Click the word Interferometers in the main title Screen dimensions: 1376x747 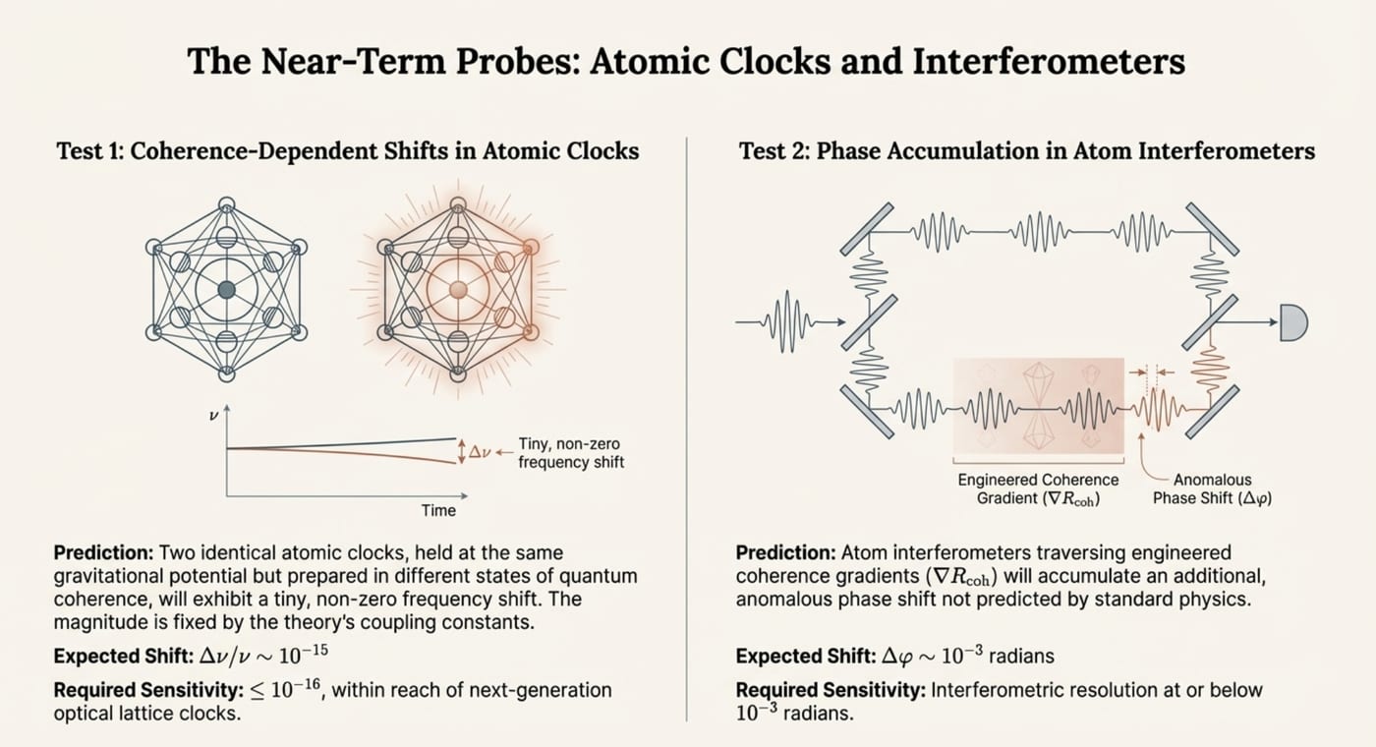(1049, 61)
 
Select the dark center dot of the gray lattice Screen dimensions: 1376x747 (227, 290)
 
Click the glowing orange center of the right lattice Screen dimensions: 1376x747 (458, 290)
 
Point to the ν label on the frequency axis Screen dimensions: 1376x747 (213, 416)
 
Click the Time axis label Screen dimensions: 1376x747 (438, 510)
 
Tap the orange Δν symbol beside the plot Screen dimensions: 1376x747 (480, 452)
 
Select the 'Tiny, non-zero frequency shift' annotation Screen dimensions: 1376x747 (571, 453)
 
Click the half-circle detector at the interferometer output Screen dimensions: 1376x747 (1293, 322)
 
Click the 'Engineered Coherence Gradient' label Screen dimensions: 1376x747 (1038, 489)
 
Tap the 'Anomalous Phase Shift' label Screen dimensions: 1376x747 (1212, 489)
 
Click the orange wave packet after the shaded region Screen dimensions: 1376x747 (1158, 409)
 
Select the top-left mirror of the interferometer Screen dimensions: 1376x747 (867, 229)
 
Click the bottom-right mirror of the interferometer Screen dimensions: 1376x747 (1211, 412)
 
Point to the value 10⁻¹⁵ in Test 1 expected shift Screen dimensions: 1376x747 (304, 655)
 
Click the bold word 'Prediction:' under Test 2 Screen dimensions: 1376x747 (785, 552)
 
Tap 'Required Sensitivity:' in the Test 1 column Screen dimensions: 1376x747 (148, 690)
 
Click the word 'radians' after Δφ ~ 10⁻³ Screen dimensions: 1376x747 (1021, 657)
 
